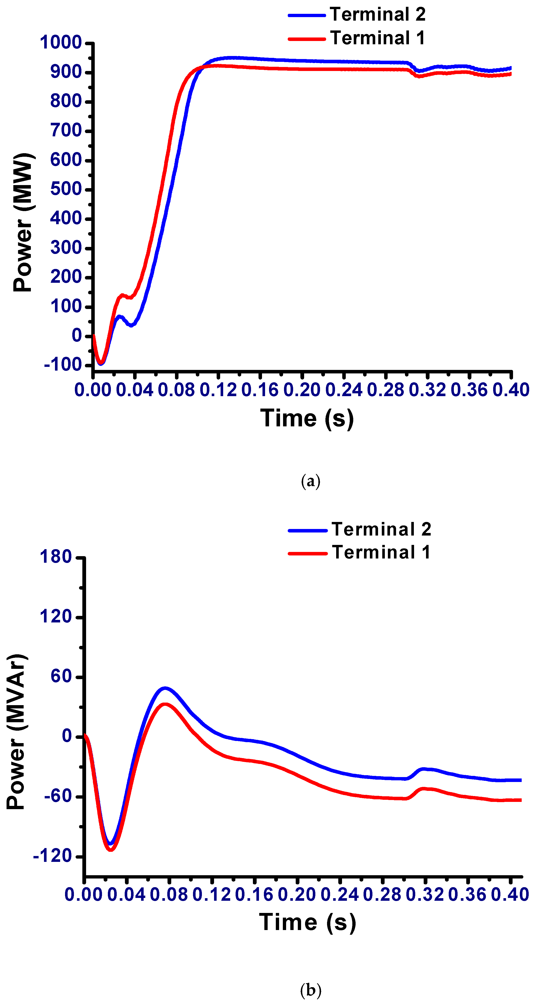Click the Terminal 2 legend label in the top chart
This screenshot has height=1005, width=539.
377,15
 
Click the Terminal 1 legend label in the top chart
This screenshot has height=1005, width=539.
377,38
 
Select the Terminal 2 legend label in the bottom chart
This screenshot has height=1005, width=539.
381,529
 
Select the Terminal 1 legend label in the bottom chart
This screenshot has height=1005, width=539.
381,552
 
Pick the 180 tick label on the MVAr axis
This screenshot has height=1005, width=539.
56,556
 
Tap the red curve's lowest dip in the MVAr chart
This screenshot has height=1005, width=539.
111,850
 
